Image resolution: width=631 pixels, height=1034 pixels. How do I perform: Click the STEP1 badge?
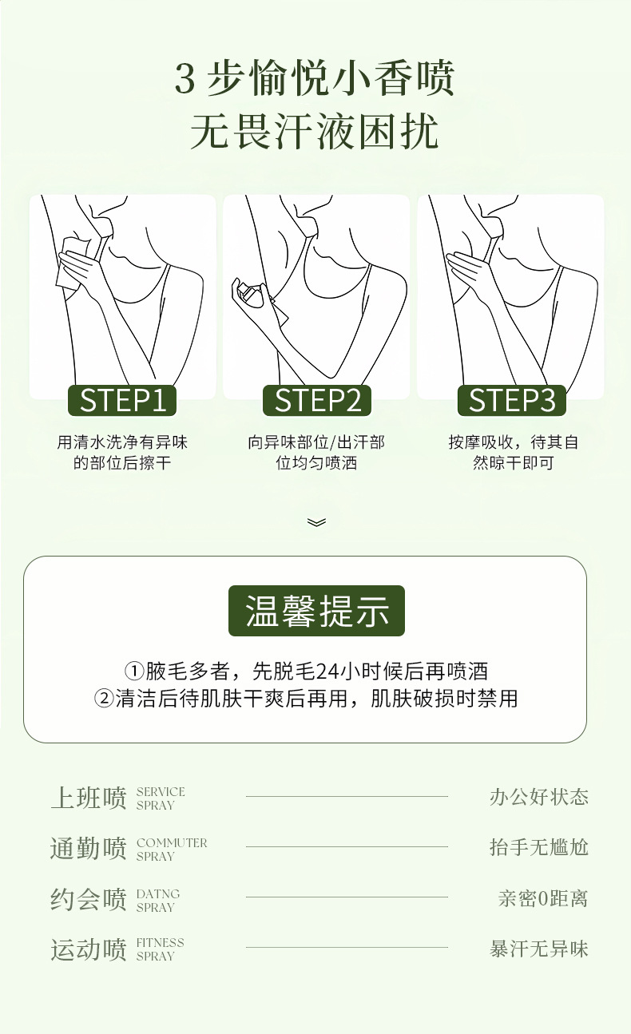pyautogui.click(x=122, y=400)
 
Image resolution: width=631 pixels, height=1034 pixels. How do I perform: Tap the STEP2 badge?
pyautogui.click(x=317, y=400)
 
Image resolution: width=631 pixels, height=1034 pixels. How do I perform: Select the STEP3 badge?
pyautogui.click(x=512, y=400)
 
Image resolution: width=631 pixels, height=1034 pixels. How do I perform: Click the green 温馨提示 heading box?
pyautogui.click(x=316, y=611)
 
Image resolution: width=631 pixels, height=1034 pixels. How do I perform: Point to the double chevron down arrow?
pyautogui.click(x=316, y=522)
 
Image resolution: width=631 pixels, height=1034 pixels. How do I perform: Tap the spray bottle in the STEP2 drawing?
pyautogui.click(x=252, y=295)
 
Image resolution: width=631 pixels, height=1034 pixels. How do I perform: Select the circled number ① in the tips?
pyautogui.click(x=134, y=671)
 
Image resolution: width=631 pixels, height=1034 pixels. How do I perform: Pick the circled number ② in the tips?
pyautogui.click(x=104, y=699)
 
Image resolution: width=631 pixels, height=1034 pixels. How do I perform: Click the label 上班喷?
pyautogui.click(x=88, y=798)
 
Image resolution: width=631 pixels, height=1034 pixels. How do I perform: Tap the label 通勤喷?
pyautogui.click(x=88, y=849)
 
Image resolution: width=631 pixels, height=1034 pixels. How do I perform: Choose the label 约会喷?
pyautogui.click(x=88, y=899)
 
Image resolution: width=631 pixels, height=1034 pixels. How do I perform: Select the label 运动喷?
pyautogui.click(x=88, y=949)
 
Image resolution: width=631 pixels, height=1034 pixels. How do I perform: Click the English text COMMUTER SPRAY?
pyautogui.click(x=172, y=850)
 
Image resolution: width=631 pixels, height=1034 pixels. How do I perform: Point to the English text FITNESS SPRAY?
pyautogui.click(x=161, y=949)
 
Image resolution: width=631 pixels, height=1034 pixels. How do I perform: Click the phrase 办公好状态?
pyautogui.click(x=539, y=797)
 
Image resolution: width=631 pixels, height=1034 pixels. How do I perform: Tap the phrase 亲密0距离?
pyautogui.click(x=543, y=898)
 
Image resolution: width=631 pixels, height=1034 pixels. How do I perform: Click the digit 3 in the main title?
pyautogui.click(x=185, y=79)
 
